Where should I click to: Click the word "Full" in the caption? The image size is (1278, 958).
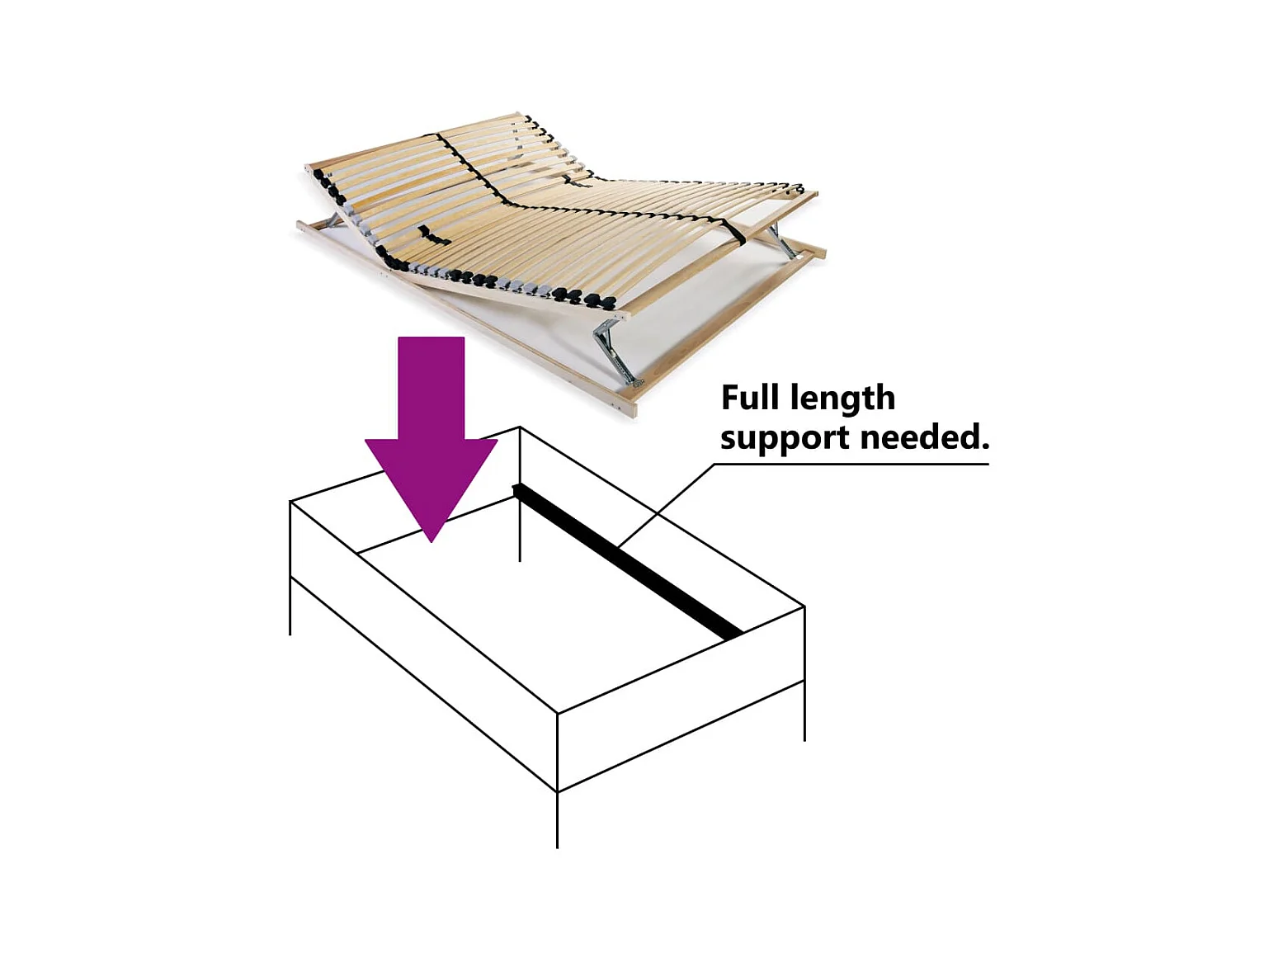750,398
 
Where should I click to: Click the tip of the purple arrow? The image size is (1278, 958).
432,537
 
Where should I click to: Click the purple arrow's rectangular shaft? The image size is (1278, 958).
431,387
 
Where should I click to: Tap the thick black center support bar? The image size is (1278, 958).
627,562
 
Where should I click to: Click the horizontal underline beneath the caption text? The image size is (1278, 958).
850,464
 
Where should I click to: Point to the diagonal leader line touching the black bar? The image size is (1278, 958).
665,506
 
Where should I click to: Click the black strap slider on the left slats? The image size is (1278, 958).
432,236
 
